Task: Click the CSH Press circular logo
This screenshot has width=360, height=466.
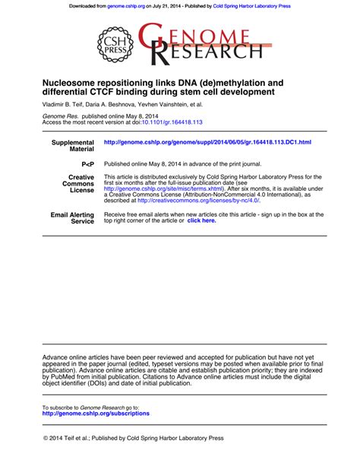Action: tap(118, 44)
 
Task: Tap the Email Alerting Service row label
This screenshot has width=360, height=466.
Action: tap(73, 218)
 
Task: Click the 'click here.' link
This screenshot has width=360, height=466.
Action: tap(202, 220)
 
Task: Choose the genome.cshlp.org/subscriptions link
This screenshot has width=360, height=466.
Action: tap(96, 414)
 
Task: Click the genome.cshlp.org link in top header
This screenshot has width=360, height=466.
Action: tap(126, 7)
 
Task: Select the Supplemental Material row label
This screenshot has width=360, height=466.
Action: tap(73, 145)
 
